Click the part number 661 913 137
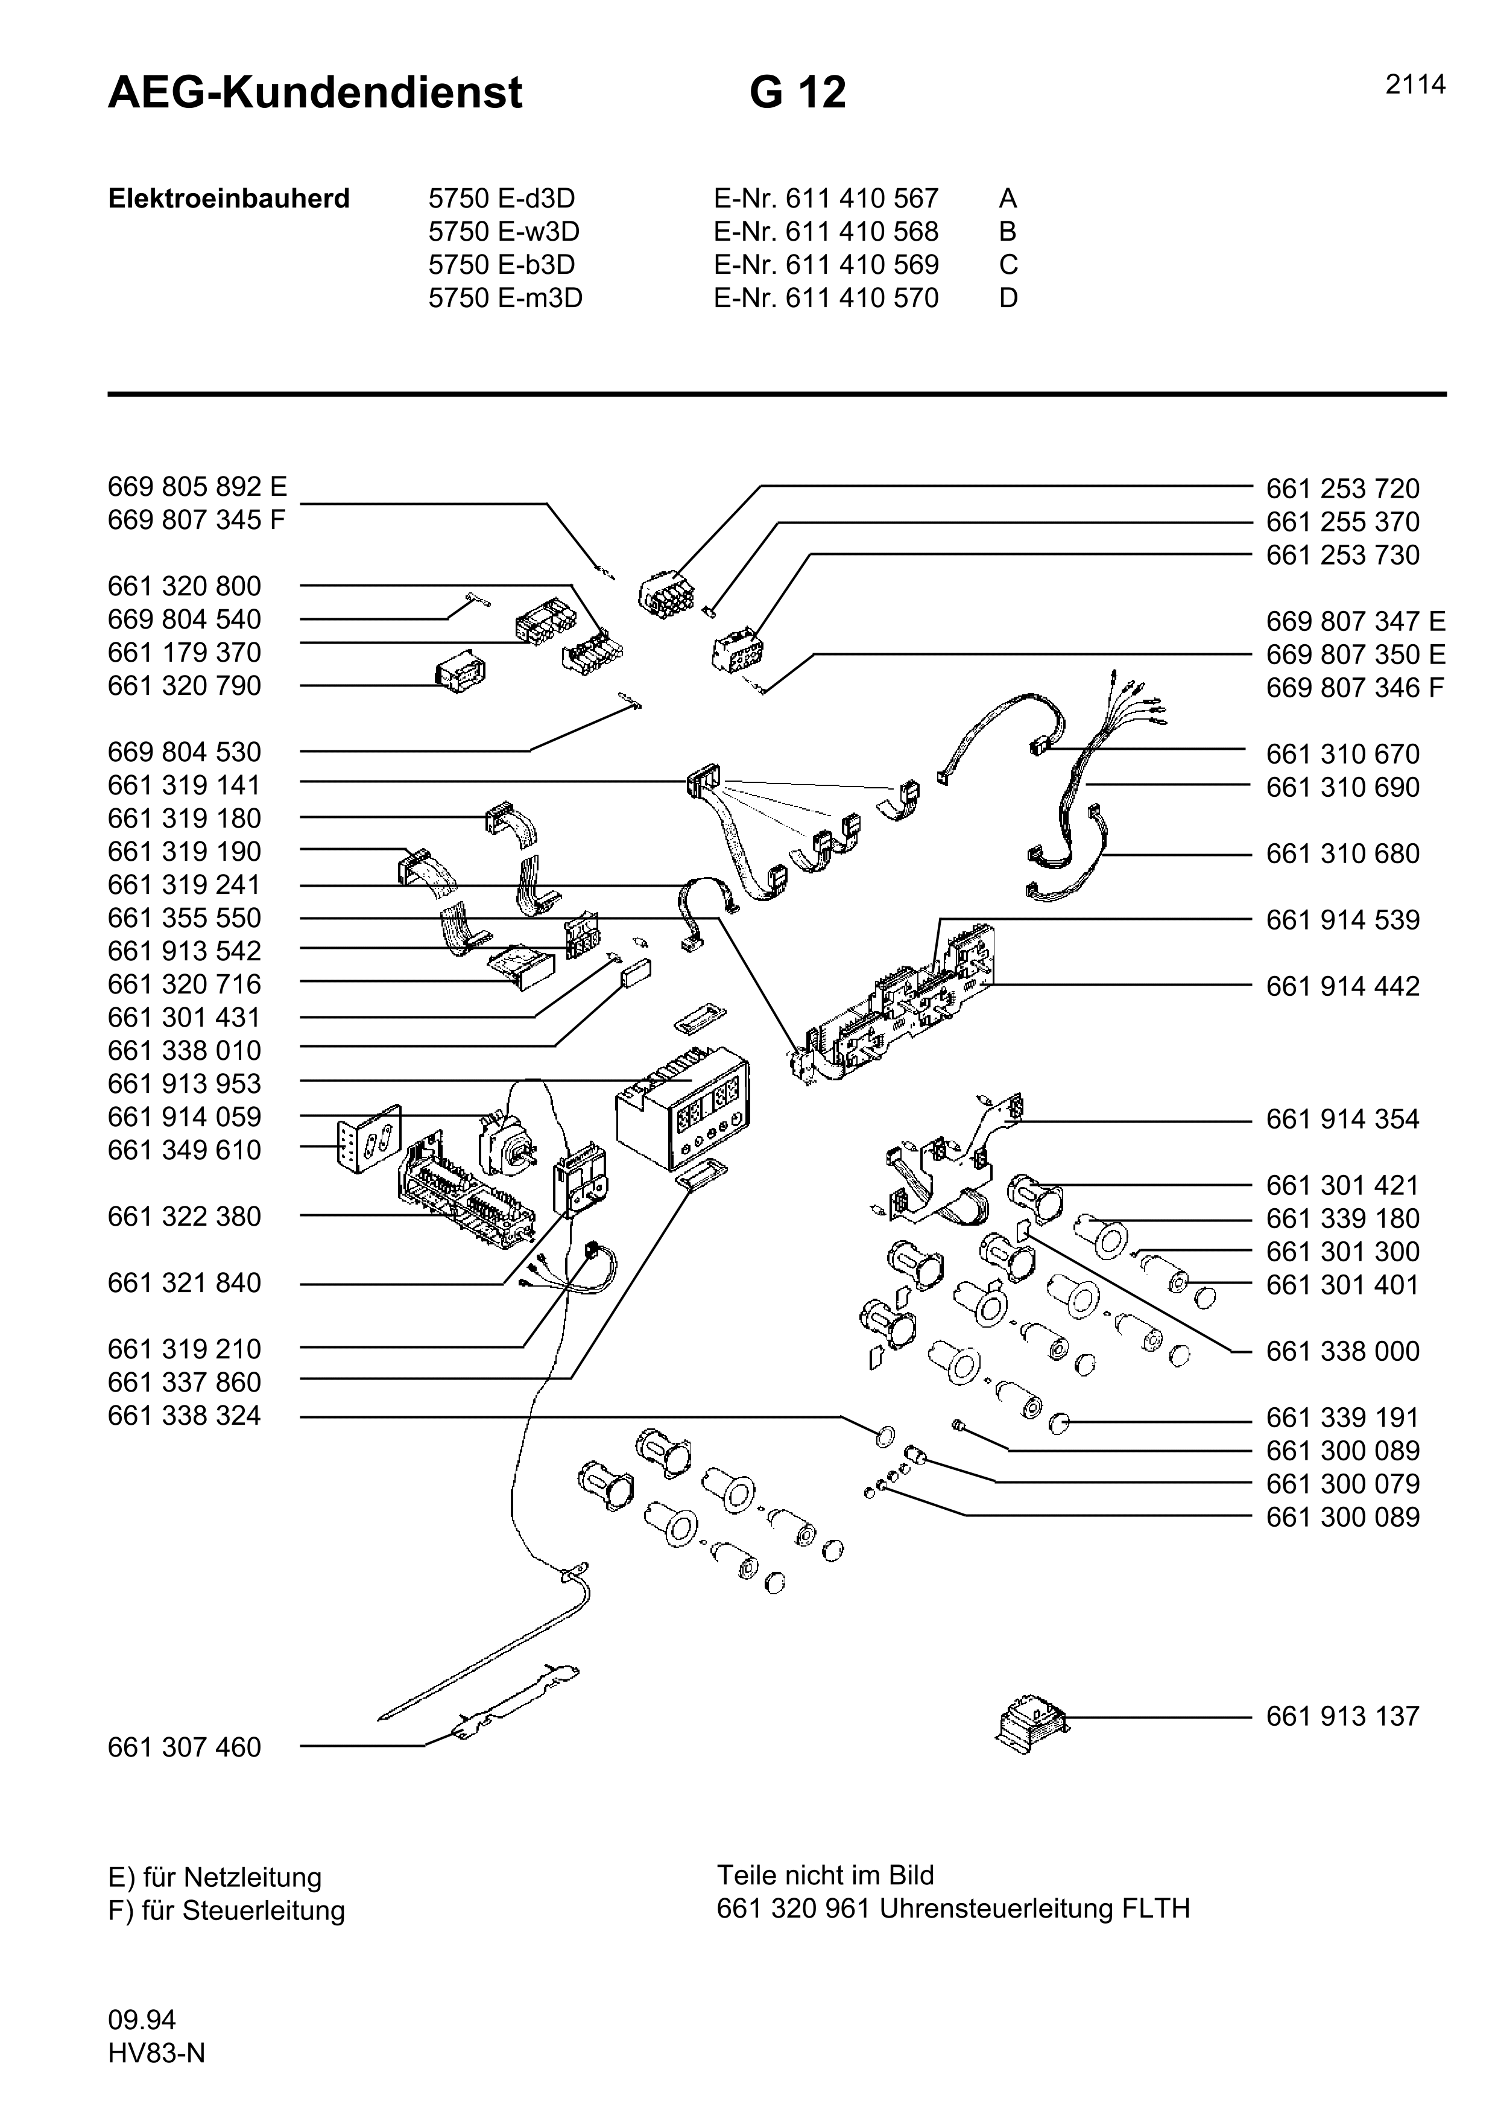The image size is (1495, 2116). click(x=1342, y=1716)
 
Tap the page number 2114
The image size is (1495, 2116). click(x=1415, y=85)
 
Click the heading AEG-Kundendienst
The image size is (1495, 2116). click(x=315, y=93)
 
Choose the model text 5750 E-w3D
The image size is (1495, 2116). click(x=504, y=231)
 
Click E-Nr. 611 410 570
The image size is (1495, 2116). click(x=826, y=298)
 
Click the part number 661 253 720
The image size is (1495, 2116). click(x=1342, y=489)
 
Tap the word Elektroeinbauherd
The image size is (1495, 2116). click(x=229, y=199)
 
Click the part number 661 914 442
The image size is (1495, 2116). click(x=1342, y=986)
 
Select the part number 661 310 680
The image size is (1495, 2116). click(x=1342, y=854)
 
